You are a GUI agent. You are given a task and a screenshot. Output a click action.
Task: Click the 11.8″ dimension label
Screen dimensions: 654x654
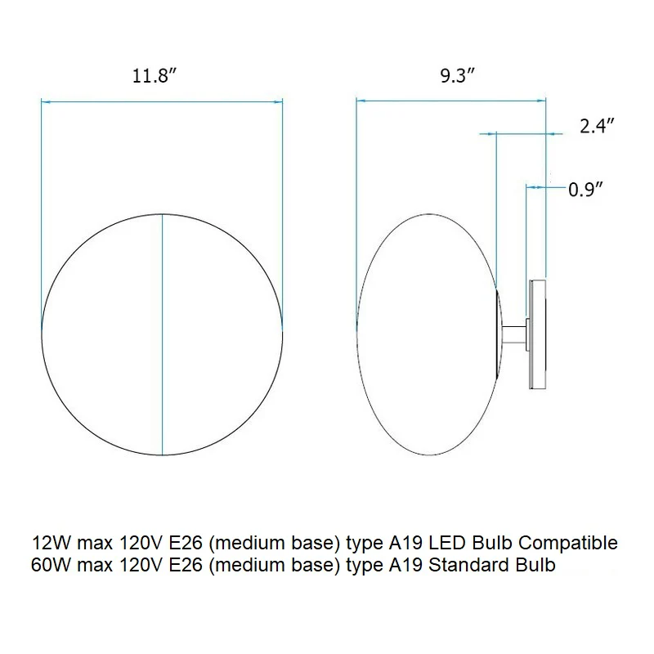click(155, 76)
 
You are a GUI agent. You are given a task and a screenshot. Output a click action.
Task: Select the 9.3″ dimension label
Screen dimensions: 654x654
click(458, 75)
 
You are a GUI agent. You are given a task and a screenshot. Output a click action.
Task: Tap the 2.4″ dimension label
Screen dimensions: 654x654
click(597, 126)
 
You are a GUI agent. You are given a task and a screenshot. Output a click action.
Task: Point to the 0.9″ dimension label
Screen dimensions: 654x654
click(585, 190)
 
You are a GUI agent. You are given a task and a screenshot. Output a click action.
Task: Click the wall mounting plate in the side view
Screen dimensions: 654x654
click(537, 334)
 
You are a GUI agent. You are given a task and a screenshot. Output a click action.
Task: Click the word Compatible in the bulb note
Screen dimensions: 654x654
click(567, 543)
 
